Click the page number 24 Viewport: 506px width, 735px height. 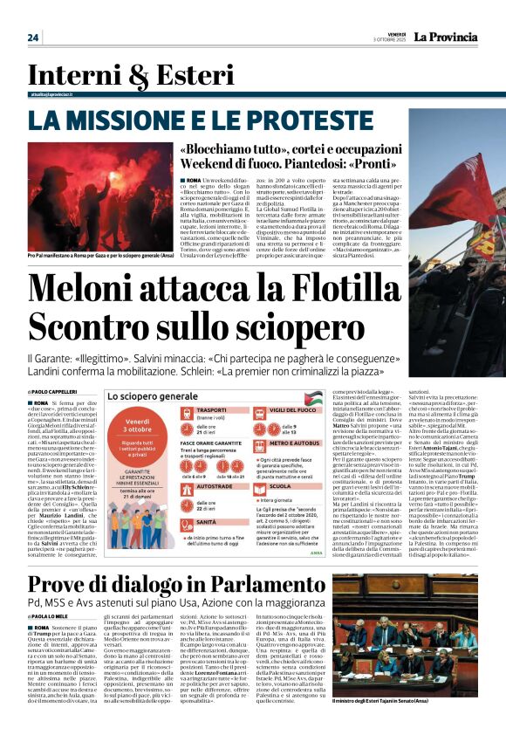(33, 38)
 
